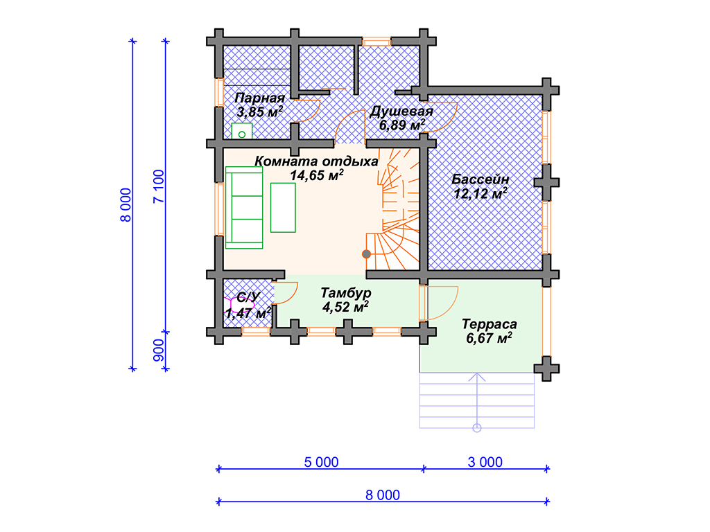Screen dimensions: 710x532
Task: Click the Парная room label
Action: coord(259,98)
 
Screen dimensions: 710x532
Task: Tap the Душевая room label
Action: coord(401,112)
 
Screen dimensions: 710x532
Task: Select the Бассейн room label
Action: coord(480,179)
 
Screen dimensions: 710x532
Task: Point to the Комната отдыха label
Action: coord(316,161)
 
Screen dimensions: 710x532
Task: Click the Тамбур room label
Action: coord(346,293)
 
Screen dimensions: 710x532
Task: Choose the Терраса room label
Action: coord(489,324)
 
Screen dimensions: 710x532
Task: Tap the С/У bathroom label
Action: coord(248,297)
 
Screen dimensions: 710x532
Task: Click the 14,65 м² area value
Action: coord(316,175)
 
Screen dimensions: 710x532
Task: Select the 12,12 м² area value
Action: coord(480,194)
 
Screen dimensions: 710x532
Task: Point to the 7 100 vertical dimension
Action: coord(159,186)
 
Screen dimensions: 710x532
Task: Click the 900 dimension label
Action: coord(159,351)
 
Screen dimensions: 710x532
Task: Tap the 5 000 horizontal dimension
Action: coord(321,462)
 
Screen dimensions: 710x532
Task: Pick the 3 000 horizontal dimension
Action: coord(485,462)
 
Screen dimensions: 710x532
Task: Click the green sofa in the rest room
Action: coord(244,208)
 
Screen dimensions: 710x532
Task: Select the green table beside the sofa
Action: coord(283,207)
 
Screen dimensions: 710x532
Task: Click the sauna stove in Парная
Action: coord(242,131)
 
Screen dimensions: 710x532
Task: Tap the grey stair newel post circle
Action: coord(366,254)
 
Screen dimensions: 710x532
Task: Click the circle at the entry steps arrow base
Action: coord(477,428)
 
